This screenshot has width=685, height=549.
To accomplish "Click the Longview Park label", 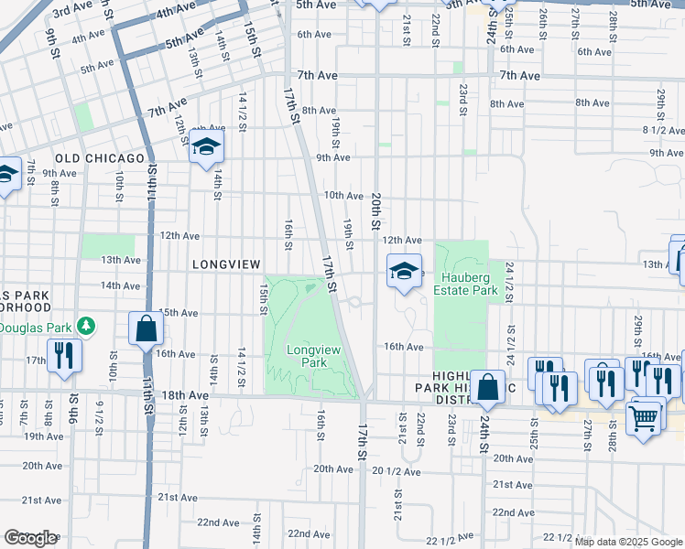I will [306, 356].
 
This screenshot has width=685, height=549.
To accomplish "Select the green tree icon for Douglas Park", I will [86, 326].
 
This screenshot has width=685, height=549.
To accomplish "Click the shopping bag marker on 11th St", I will [146, 328].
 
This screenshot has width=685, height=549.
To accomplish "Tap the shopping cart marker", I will [644, 418].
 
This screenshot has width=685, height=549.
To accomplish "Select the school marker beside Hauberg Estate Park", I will [404, 271].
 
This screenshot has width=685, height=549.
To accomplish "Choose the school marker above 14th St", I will [207, 146].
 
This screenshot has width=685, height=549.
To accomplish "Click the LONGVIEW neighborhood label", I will [227, 264].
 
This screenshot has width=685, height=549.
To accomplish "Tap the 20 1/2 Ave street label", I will [396, 471].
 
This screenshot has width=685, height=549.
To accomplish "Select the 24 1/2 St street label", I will [510, 283].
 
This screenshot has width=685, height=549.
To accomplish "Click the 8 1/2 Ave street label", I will [664, 130].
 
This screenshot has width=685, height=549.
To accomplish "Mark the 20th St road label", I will [375, 210].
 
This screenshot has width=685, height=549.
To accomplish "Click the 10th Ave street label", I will [343, 195].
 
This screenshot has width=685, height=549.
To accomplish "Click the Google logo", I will [30, 538].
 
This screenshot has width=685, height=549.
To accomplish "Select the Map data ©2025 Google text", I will [628, 542].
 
